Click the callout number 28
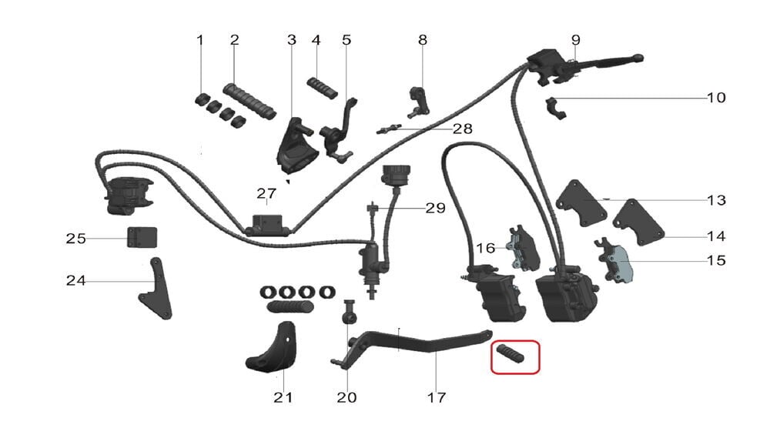click(x=462, y=129)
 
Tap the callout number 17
click(x=436, y=397)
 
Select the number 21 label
click(x=283, y=397)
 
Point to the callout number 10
click(x=716, y=98)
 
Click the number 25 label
click(x=75, y=239)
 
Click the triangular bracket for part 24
click(x=157, y=290)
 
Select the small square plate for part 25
click(x=142, y=237)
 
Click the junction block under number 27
click(x=267, y=224)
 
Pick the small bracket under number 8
click(x=418, y=101)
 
